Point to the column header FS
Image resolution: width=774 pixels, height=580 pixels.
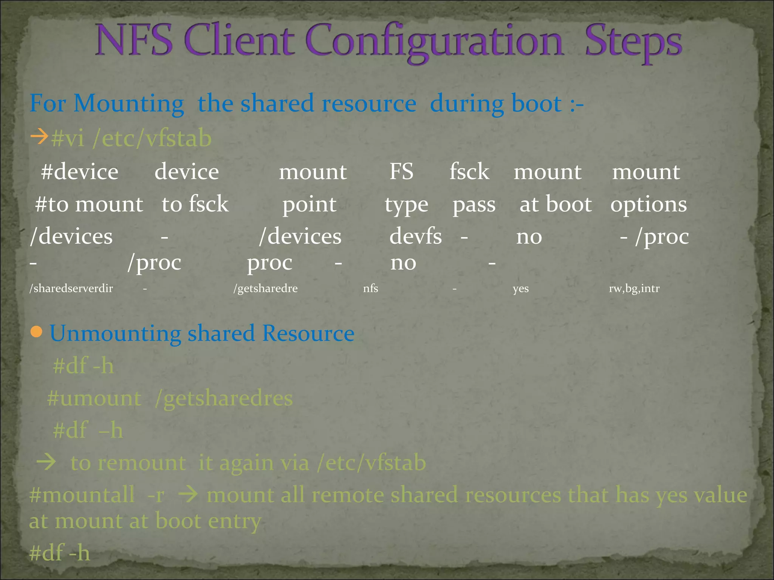[x=401, y=171]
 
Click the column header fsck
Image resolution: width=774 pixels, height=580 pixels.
[x=469, y=171]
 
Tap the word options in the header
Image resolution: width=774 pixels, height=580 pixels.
[x=649, y=204]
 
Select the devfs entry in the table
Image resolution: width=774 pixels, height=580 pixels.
[x=415, y=236]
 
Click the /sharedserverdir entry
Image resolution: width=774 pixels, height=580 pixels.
[x=71, y=288]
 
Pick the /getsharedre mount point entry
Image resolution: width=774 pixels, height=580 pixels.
[x=265, y=288]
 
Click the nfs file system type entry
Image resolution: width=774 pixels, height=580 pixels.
[x=370, y=288]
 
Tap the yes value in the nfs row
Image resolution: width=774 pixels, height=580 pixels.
[x=520, y=289]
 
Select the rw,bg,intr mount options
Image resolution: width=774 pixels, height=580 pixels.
[x=634, y=288]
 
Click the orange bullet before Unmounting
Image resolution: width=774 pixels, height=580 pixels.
[x=36, y=332]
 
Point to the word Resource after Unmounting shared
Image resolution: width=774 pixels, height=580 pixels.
[x=308, y=333]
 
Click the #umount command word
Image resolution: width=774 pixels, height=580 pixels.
[x=94, y=398]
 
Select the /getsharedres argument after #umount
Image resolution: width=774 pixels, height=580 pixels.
[x=224, y=399]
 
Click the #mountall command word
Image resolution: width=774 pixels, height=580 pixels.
[x=82, y=495]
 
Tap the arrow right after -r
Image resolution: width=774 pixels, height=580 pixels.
[x=188, y=495]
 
